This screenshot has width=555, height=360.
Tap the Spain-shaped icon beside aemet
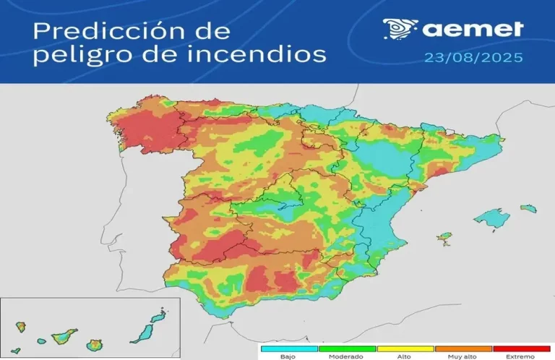coord(399,29)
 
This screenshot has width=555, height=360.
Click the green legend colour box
coord(347,348)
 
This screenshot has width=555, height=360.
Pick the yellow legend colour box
coord(405,348)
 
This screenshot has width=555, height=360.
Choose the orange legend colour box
coord(462,348)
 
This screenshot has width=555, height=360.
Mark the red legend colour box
coord(520,348)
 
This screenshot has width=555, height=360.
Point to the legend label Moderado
coord(347,356)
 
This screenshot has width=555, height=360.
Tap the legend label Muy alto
coord(462,356)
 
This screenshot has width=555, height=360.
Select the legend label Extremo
coord(520,356)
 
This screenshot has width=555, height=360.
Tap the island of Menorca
coord(529,208)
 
